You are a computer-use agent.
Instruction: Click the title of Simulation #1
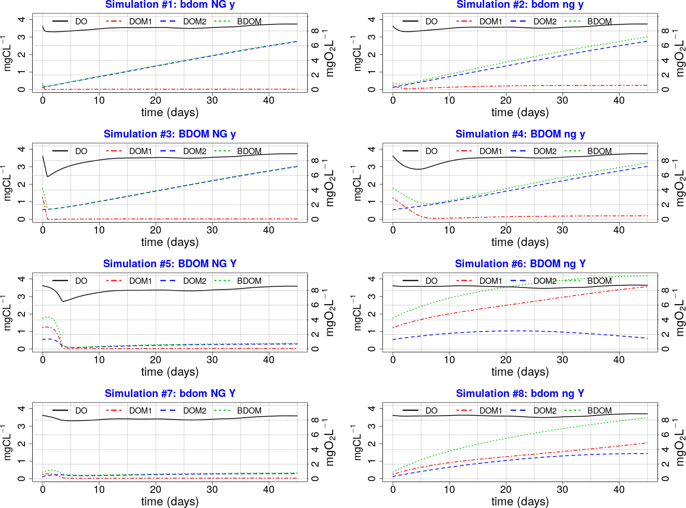tap(170, 5)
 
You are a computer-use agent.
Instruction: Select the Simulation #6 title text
tap(520, 264)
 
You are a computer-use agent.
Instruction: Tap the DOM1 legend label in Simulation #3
tap(141, 151)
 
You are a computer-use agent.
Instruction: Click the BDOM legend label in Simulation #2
tap(599, 21)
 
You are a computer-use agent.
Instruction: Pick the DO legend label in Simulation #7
tap(81, 410)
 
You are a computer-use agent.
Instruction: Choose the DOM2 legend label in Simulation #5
tap(195, 281)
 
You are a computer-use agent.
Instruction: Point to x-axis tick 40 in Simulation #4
tap(619, 230)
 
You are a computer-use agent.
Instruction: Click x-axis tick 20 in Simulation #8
tap(506, 489)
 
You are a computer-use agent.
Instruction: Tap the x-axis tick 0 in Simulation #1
tap(43, 100)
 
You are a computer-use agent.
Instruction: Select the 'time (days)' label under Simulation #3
tap(170, 242)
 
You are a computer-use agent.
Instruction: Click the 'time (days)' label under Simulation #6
tap(520, 372)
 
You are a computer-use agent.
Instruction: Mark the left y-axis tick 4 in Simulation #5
tap(21, 279)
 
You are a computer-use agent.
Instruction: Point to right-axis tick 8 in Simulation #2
tap(665, 31)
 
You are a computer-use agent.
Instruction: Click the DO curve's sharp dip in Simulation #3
tap(48, 176)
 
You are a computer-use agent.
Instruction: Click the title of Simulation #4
tap(520, 134)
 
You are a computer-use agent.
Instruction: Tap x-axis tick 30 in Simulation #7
tap(212, 489)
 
